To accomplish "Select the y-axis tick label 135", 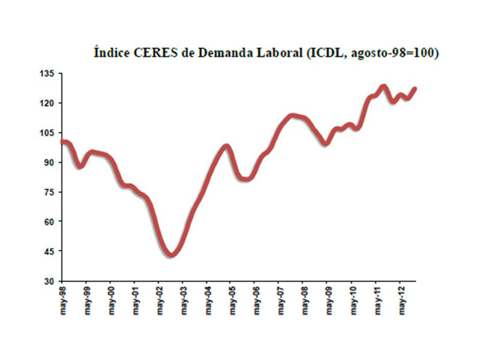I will point(47,73).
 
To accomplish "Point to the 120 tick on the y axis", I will point(47,103).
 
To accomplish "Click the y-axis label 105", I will point(47,133).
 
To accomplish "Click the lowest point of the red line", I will point(172,255).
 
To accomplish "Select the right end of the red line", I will point(415,89).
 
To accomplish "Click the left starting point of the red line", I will point(62,142).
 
